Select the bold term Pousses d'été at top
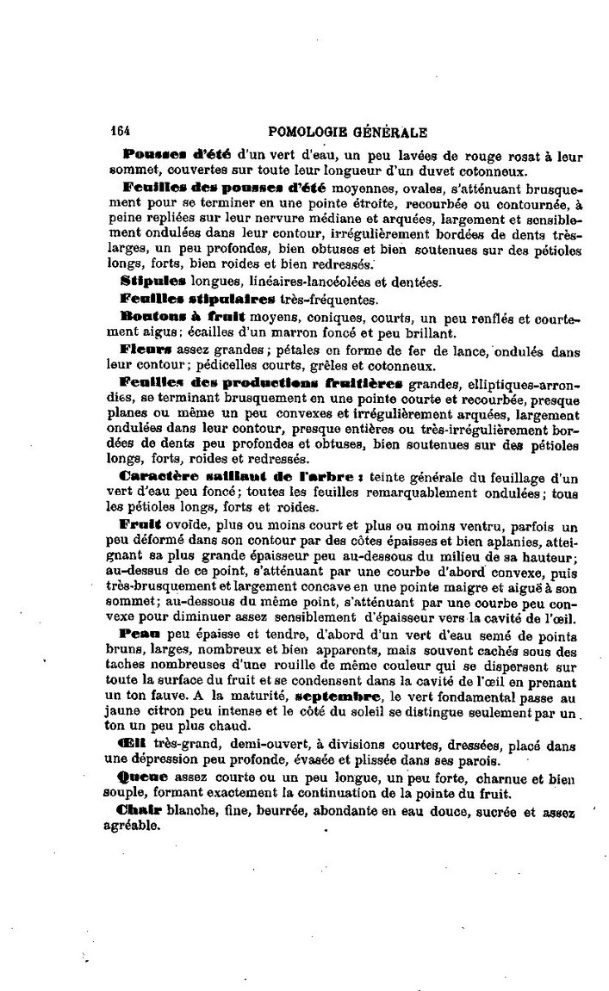(171, 153)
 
